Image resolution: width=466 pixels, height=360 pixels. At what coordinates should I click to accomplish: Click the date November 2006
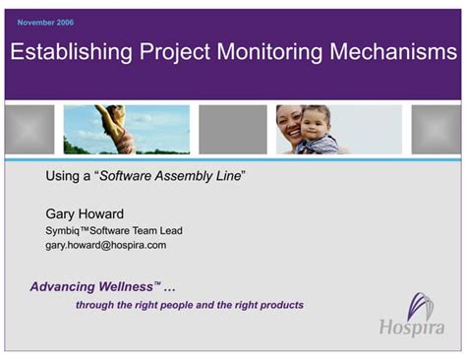(45, 22)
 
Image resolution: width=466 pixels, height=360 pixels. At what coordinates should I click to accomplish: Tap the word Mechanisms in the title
(400, 55)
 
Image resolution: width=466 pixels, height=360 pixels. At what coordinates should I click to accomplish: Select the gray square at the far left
(29, 130)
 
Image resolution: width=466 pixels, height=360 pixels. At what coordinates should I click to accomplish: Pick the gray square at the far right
(436, 130)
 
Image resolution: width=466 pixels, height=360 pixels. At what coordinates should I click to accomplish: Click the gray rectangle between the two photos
(232, 130)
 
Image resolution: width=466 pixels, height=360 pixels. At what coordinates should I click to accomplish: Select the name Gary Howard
(85, 212)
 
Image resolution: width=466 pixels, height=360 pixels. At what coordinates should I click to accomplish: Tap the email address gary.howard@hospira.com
(106, 245)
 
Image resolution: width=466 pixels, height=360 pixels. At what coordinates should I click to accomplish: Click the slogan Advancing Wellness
(90, 287)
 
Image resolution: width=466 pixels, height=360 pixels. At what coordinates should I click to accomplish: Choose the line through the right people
(189, 305)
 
